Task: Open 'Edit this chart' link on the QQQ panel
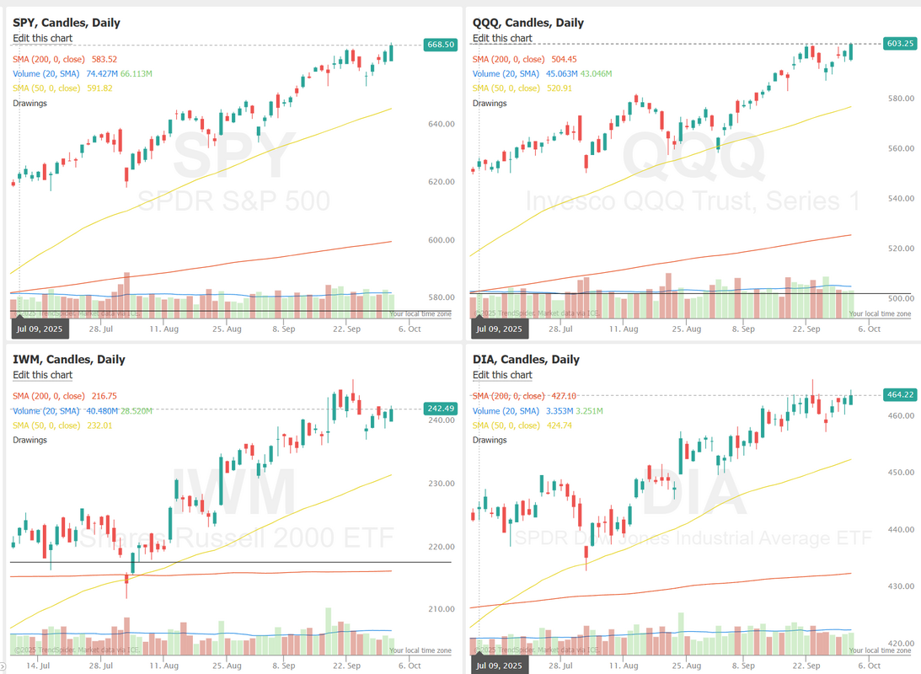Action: point(502,38)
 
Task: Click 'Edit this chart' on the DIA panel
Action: point(502,375)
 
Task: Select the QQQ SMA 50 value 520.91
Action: point(560,88)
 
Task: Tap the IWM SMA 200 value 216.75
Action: point(101,396)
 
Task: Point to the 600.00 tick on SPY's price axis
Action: point(442,240)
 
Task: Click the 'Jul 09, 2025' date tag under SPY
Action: point(40,329)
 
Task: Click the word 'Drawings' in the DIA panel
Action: point(490,440)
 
